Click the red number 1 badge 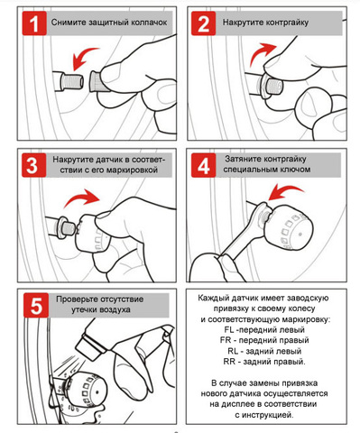point(34,23)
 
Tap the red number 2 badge point(204,23)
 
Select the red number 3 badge point(34,165)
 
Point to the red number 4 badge point(204,165)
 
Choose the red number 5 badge point(36,305)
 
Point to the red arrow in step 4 point(285,192)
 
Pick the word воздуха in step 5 point(115,309)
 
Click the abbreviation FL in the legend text point(229,329)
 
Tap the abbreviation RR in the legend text point(229,361)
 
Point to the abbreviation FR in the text point(226,340)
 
